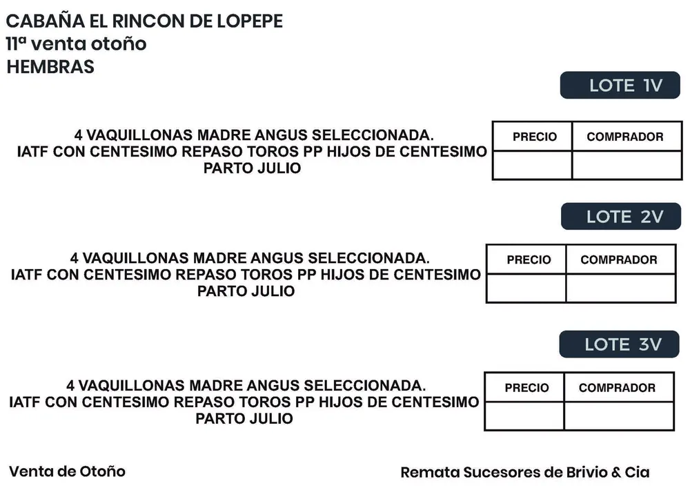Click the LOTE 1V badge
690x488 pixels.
(620, 85)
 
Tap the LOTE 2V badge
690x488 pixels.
(621, 216)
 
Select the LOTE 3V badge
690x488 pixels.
(619, 344)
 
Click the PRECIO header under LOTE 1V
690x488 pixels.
(535, 137)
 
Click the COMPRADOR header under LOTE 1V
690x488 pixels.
(625, 137)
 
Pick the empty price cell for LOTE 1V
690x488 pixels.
(532, 166)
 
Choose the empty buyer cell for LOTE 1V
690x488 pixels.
(627, 166)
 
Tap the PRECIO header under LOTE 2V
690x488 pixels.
(529, 260)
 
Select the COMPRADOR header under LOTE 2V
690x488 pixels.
(619, 260)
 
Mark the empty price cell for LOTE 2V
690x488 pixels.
(526, 289)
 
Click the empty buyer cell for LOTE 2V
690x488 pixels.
(621, 289)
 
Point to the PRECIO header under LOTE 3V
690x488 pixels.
(526, 388)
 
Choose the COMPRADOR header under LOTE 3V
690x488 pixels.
(617, 388)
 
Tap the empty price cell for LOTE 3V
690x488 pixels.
(524, 416)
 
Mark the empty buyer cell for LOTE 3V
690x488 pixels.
(619, 416)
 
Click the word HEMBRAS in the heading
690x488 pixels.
(50, 67)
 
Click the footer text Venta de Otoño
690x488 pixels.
(68, 471)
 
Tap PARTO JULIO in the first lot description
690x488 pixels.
(252, 168)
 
